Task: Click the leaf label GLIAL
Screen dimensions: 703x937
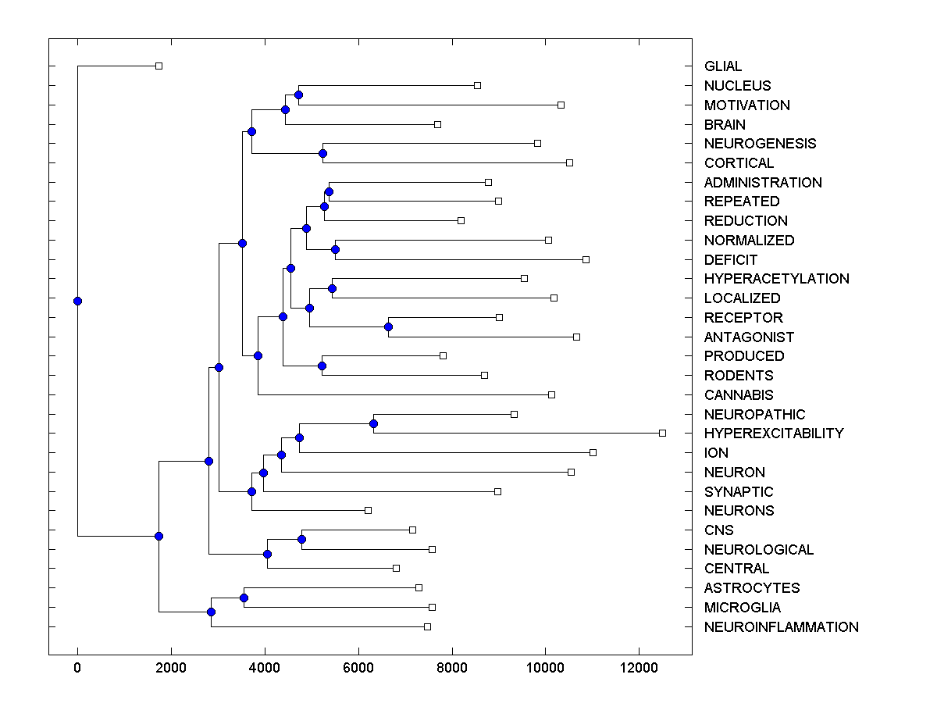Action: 723,66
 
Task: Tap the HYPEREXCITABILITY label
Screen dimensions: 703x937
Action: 774,433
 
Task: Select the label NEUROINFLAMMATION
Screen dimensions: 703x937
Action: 781,626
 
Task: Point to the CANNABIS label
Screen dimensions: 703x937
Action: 739,394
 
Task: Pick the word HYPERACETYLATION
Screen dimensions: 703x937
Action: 776,278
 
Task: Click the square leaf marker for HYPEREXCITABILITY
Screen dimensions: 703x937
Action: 662,433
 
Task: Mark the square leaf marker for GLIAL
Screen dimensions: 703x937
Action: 159,66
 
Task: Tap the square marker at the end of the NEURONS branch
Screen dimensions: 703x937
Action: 368,510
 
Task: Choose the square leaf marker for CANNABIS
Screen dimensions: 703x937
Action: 551,394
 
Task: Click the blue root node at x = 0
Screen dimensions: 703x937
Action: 77,301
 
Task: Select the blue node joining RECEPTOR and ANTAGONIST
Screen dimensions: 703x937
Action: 388,327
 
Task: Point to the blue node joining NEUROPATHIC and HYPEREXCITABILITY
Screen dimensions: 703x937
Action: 373,423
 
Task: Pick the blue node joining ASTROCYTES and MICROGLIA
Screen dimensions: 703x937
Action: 244,598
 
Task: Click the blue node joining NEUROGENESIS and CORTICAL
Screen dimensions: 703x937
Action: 322,153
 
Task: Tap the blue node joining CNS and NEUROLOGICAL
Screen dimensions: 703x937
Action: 301,539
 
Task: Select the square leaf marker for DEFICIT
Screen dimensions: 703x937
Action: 586,259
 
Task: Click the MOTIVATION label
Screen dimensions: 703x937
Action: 746,105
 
